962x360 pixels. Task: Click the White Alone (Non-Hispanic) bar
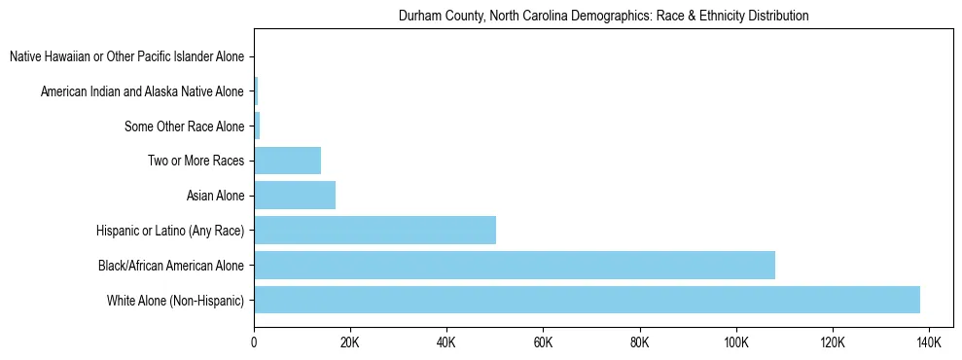click(587, 300)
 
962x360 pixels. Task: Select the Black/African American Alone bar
click(515, 265)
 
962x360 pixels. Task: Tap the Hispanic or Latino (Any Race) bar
click(375, 231)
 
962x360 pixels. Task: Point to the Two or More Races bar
click(288, 161)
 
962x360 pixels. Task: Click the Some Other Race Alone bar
click(257, 126)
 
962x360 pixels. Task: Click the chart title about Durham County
click(603, 17)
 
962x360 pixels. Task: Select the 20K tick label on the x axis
click(350, 342)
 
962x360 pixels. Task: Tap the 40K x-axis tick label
click(446, 342)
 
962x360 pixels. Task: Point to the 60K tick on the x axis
click(543, 342)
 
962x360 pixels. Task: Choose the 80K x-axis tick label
click(639, 342)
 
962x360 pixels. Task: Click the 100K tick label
click(735, 342)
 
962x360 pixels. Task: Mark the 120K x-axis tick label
click(832, 342)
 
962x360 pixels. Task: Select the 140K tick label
click(928, 342)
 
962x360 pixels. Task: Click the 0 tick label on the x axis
click(254, 342)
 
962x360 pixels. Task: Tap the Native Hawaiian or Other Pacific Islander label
click(126, 56)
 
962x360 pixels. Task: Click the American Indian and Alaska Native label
click(142, 91)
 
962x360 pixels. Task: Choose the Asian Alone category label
click(215, 196)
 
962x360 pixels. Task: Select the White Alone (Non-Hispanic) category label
click(176, 300)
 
